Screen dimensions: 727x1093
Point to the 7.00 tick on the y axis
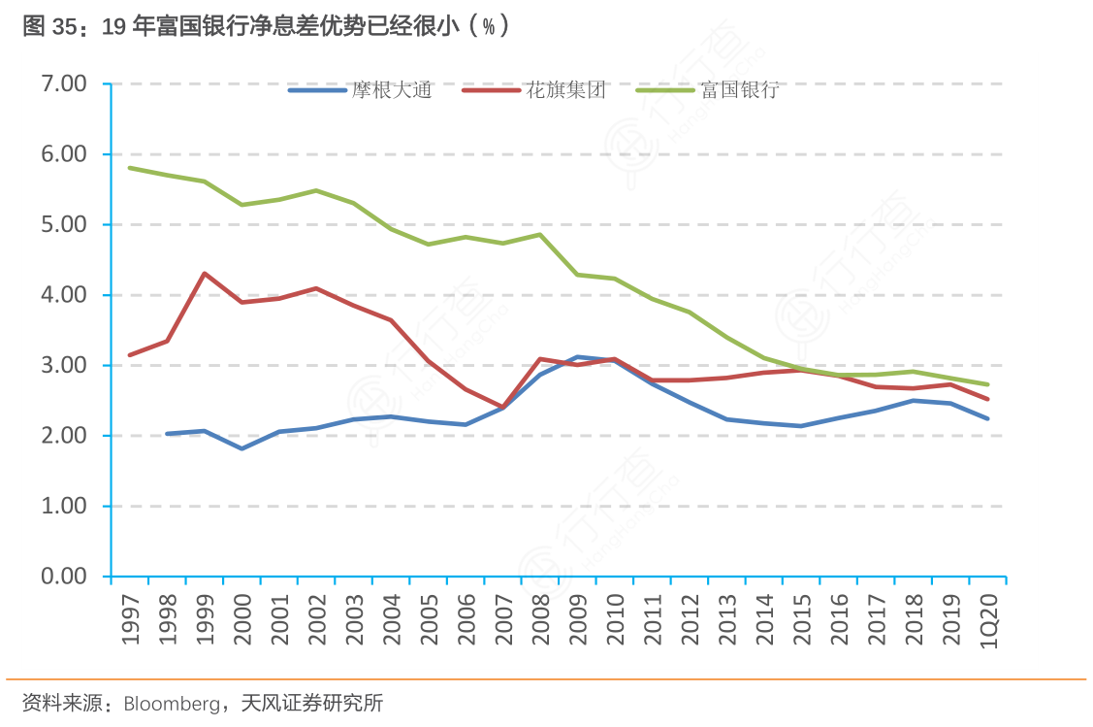coord(65,84)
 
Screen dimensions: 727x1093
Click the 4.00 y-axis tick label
coord(65,295)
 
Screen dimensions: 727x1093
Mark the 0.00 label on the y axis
coord(65,577)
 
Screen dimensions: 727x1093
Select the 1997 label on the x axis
coord(131,617)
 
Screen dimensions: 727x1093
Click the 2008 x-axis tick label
coord(540,617)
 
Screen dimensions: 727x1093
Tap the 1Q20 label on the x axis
coord(987,617)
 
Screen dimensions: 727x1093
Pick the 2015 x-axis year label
coord(801,617)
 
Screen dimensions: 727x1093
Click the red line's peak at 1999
coord(204,274)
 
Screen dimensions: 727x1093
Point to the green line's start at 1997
coord(130,168)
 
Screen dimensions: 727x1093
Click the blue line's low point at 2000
coord(241,448)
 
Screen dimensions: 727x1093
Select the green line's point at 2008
coord(539,235)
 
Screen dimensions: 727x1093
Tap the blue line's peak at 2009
coord(577,357)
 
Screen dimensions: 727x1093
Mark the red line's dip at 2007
coord(502,408)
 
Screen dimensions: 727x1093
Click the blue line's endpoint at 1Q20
coord(987,418)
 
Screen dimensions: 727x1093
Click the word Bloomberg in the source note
coord(172,704)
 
